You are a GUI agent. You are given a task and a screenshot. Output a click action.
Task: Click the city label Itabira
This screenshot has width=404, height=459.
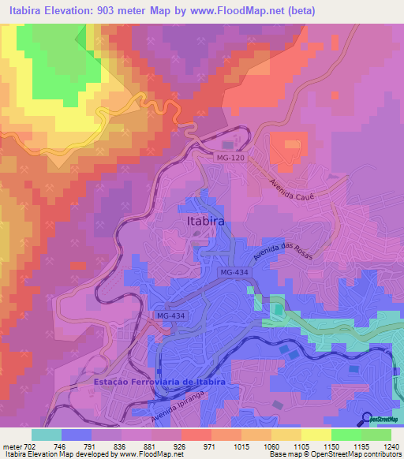pyautogui.click(x=206, y=222)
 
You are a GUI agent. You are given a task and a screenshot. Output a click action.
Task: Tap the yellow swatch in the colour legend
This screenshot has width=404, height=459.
pyautogui.click(x=316, y=435)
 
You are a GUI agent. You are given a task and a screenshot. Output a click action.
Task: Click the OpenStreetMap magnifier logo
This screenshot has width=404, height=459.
pyautogui.click(x=366, y=418)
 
